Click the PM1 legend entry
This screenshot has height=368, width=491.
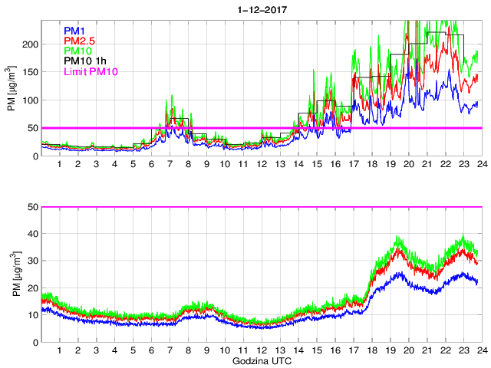pos(76,31)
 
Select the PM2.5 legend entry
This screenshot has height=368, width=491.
pos(80,41)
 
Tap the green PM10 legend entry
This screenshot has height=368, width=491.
pos(78,51)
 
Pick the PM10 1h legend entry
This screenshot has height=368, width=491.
pos(86,61)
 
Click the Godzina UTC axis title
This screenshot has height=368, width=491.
pos(261,360)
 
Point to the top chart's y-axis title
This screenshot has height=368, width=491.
pos(12,89)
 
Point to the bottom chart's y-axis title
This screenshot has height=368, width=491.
pos(12,274)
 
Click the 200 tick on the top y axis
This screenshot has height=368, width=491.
pos(30,44)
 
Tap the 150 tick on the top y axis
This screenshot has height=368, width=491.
pos(30,73)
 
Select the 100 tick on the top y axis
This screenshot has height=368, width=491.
pos(30,100)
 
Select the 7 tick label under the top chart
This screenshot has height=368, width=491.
pos(170,165)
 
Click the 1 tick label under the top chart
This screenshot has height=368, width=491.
pos(60,165)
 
